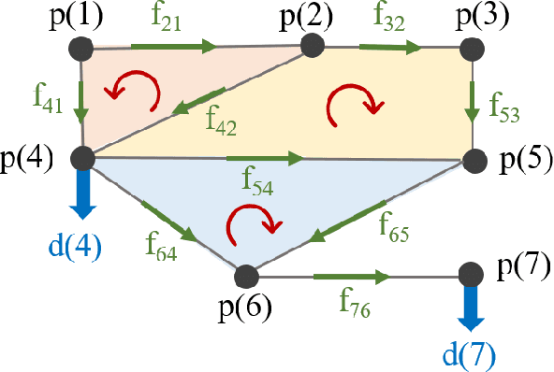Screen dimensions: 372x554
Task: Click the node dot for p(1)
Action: pos(81,48)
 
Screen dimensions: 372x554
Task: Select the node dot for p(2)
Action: pos(311,45)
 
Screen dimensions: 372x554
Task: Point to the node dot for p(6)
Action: pos(245,276)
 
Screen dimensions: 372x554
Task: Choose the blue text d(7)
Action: pos(471,352)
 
